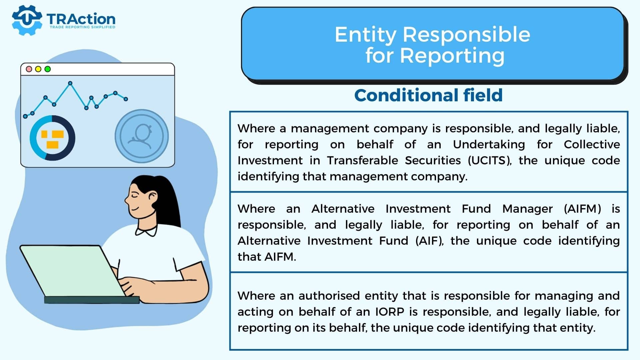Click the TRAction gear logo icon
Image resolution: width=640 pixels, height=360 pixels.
27,20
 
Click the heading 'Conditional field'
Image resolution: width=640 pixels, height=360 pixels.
428,95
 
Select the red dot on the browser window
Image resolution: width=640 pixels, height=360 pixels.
29,69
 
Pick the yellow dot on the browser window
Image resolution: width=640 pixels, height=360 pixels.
38,69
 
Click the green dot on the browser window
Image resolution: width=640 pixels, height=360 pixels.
48,69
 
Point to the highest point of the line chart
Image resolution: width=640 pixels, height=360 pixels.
70,83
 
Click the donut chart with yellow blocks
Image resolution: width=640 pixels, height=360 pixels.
52,138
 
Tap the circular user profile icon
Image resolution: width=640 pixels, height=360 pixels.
142,136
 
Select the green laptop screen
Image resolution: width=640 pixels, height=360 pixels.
72,271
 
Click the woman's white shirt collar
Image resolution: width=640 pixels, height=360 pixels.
146,231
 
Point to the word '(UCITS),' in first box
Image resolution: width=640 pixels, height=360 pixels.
490,161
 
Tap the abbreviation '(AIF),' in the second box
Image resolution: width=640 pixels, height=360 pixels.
430,241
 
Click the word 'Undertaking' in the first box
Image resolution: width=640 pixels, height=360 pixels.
489,145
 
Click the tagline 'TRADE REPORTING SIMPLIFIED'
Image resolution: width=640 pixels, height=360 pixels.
82,27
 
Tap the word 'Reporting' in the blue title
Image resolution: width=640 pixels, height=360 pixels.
452,56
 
